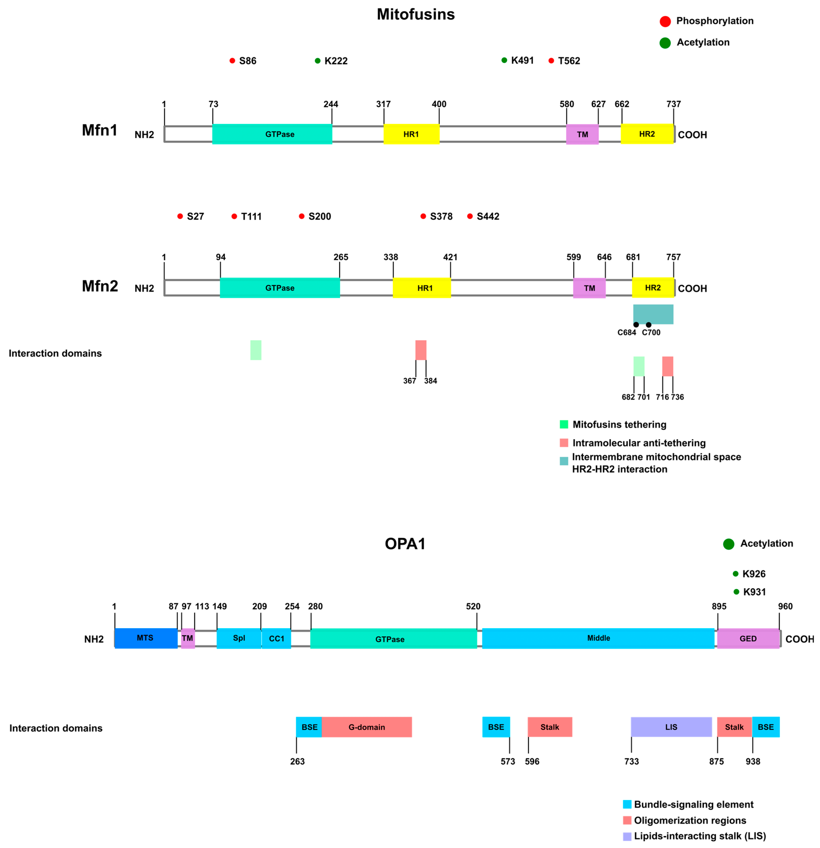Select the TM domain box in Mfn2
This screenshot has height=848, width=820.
pos(589,288)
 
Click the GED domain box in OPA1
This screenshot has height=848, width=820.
pos(748,639)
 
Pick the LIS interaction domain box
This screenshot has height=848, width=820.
pos(671,727)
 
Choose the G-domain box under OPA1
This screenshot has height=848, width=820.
pos(367,727)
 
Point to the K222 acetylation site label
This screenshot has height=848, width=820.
pos(336,61)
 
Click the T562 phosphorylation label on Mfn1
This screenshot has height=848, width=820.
pos(569,61)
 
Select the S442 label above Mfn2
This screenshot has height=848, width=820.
pos(488,216)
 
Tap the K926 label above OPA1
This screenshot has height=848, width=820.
pos(754,574)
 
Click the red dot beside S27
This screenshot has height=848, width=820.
pos(180,216)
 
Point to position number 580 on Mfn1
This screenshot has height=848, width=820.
pos(566,104)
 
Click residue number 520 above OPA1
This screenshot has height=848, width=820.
pos(473,607)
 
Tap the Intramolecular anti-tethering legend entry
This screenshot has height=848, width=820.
pos(639,443)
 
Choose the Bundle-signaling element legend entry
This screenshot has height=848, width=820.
pos(693,805)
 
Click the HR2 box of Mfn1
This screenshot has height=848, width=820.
pos(647,134)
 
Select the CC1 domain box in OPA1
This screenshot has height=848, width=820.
pos(277,639)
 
